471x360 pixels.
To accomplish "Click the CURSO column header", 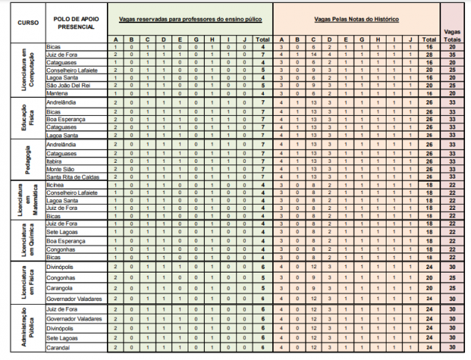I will [22, 22].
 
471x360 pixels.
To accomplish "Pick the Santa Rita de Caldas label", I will [72, 177].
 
